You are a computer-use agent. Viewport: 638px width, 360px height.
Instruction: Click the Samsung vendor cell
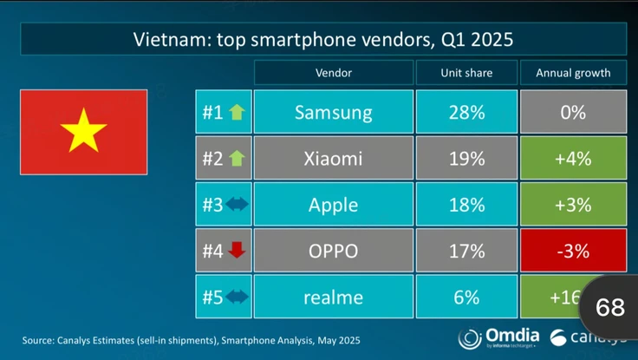click(x=333, y=112)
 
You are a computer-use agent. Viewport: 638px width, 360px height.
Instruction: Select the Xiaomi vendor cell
click(x=333, y=159)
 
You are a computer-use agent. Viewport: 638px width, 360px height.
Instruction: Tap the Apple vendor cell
click(x=333, y=205)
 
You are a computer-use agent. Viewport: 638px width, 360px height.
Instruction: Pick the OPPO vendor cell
click(x=333, y=252)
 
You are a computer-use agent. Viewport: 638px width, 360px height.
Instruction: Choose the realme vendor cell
click(x=333, y=298)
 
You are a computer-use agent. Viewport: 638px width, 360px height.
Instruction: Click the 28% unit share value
click(x=466, y=112)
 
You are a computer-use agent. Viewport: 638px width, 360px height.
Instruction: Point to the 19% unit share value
click(x=466, y=159)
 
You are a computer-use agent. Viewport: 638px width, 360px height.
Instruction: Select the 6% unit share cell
click(x=466, y=298)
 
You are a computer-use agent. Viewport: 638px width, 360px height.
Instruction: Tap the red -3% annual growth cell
click(x=573, y=252)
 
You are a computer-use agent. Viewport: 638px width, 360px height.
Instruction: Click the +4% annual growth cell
click(x=573, y=159)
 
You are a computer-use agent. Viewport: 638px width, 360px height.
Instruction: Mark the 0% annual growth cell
click(x=573, y=112)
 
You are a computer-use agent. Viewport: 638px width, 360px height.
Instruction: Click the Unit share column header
click(x=466, y=73)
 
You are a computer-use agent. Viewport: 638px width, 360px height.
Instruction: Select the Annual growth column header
click(x=573, y=73)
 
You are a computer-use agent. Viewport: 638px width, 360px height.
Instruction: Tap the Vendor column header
click(x=333, y=73)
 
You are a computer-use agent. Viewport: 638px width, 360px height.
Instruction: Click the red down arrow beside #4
click(x=237, y=252)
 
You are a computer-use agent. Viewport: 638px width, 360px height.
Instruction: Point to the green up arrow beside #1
click(x=237, y=112)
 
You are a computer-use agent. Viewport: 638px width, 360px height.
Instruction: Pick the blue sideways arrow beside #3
click(x=237, y=205)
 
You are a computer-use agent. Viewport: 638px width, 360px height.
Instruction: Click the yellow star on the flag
click(x=84, y=132)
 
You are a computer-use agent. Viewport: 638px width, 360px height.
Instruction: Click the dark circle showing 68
click(x=610, y=306)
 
